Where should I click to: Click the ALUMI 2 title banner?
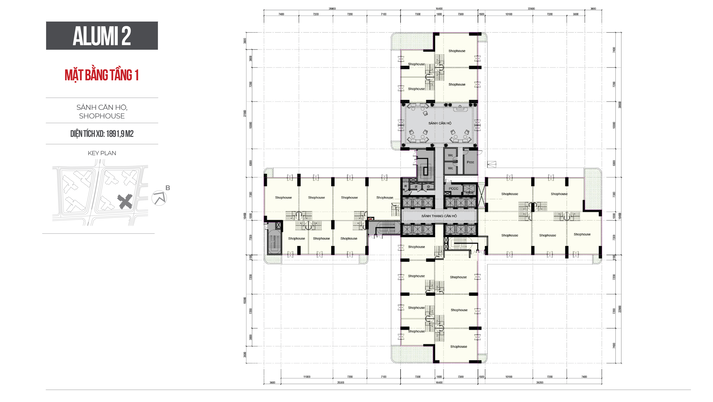coord(102,36)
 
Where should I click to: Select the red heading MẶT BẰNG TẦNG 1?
coord(102,75)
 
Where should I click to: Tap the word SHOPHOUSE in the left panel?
coord(102,116)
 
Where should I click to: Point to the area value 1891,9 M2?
coord(120,134)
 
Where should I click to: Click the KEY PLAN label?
coord(102,153)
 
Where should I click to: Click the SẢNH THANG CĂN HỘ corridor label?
coord(439,216)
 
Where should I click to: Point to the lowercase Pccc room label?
coord(470,162)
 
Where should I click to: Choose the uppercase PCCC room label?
coord(453,189)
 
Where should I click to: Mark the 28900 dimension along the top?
coord(332,9)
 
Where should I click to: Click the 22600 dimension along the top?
coord(531,9)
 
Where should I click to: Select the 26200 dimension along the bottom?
coord(540,383)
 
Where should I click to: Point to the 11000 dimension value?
coord(307,377)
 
